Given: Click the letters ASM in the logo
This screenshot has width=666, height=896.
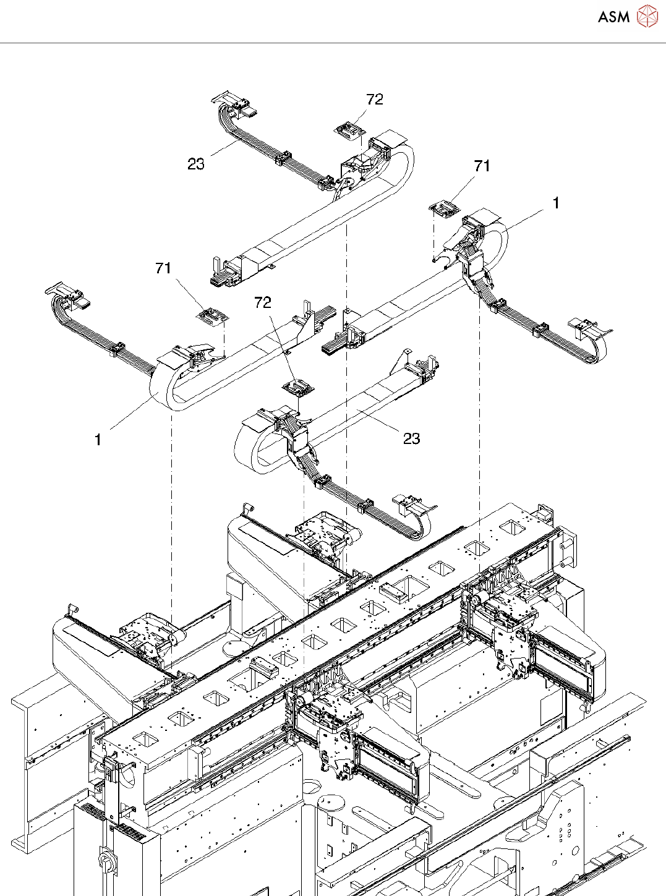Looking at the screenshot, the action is click(x=613, y=17).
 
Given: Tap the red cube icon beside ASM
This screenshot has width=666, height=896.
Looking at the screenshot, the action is click(x=647, y=16).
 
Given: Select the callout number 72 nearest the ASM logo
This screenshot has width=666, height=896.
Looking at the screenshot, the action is click(x=375, y=100).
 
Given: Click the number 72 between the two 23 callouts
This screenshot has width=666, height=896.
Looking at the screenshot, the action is click(x=263, y=302).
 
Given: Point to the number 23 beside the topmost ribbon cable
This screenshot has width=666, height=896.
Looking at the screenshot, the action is click(x=196, y=164).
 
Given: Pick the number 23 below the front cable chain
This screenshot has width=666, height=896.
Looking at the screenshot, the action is click(x=411, y=438).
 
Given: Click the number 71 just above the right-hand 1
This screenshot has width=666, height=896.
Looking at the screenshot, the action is click(x=482, y=166).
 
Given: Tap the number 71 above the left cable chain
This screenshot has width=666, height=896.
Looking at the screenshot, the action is click(x=163, y=268).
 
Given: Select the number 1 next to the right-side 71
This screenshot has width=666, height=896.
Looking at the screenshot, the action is click(x=556, y=203).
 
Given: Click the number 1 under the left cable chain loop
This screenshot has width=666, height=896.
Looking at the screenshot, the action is click(x=98, y=440).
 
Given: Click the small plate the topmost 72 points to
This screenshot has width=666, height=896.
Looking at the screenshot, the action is click(x=349, y=130).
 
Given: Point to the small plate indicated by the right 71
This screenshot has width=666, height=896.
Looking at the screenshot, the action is click(x=445, y=209).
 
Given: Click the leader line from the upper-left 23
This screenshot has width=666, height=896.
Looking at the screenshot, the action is click(x=223, y=148).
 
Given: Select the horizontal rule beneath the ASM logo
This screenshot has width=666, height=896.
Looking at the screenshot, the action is click(x=333, y=43).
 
